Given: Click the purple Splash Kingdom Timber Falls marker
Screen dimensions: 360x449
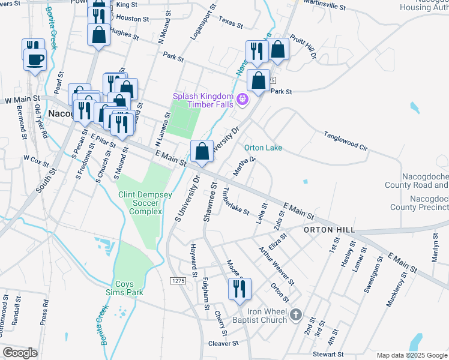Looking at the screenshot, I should (x=243, y=99).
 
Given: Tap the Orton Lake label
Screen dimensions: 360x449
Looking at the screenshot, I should (x=263, y=148).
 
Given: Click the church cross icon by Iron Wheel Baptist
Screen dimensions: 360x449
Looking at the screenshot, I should (x=295, y=314).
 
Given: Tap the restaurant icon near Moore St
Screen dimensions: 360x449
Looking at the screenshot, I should (x=240, y=289).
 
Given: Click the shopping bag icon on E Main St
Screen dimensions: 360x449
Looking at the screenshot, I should (x=202, y=151).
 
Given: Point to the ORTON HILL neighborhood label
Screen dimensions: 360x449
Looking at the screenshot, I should (x=329, y=230).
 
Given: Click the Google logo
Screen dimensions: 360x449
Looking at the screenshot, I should (x=20, y=353).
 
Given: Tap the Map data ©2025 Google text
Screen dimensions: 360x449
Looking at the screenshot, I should (x=412, y=355).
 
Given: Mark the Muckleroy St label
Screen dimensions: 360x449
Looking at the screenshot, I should (x=397, y=290).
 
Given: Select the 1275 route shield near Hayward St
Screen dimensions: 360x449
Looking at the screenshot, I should (x=177, y=281).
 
